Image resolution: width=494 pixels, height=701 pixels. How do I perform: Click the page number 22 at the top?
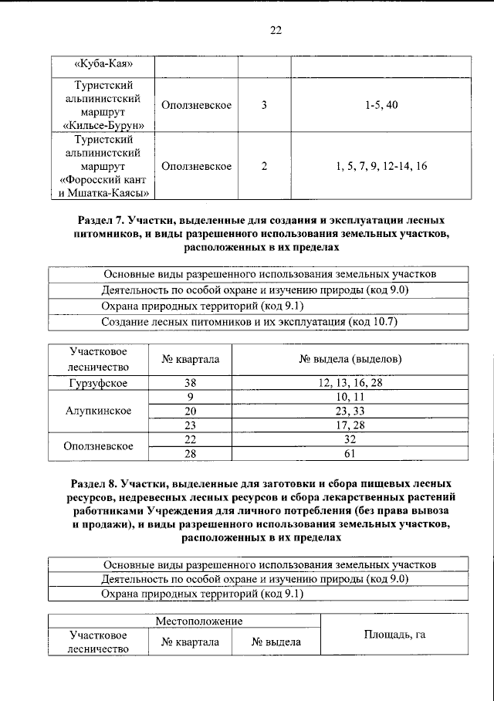(276, 31)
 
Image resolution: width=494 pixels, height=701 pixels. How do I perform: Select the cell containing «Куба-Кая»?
(103, 64)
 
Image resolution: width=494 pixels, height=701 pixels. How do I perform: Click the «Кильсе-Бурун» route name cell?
(103, 104)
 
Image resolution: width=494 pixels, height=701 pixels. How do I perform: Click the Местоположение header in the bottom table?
(198, 621)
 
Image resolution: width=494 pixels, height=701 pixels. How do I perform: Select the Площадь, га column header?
(394, 635)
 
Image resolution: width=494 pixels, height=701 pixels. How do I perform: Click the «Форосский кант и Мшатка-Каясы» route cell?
(103, 166)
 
